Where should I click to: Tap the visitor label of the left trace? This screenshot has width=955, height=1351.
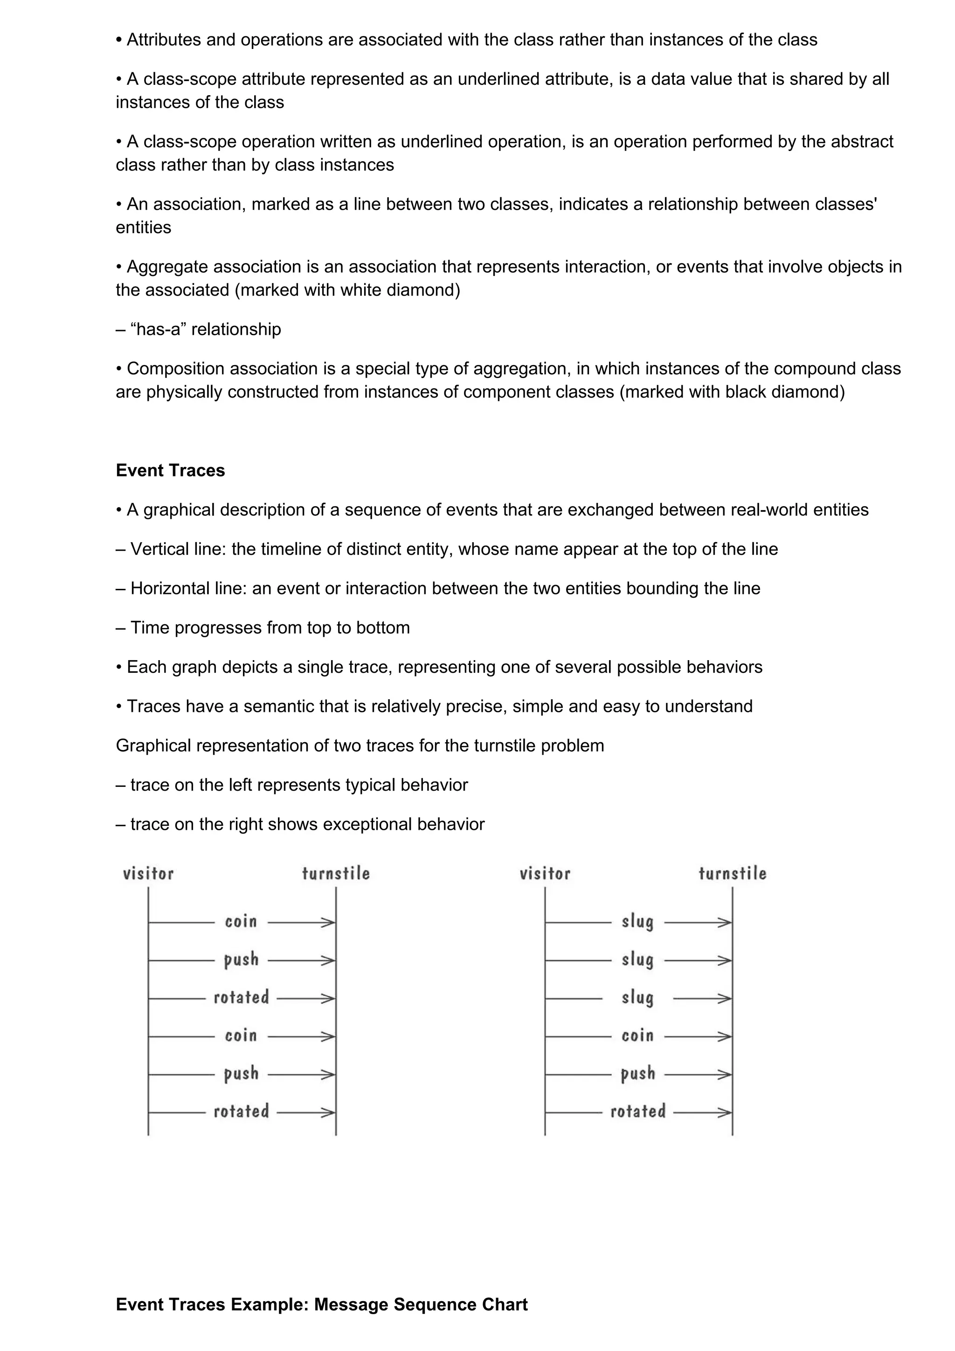[148, 873]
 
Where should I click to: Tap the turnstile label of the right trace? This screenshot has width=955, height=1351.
[733, 873]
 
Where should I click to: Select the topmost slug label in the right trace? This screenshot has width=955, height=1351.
[638, 922]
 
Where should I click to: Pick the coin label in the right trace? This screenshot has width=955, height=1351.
[638, 1035]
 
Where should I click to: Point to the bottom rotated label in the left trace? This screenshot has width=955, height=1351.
[241, 1111]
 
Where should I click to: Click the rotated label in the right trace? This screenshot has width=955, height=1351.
[638, 1111]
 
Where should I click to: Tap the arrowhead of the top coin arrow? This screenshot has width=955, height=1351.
[329, 923]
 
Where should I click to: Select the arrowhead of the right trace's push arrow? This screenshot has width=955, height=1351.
[726, 1075]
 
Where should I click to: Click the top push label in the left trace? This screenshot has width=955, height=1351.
[241, 960]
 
